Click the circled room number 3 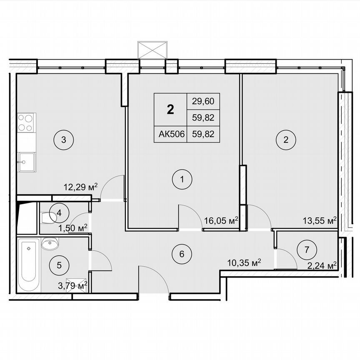63,139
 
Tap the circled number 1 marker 182,180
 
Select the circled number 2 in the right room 286,139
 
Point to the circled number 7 307,250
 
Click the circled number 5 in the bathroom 59,264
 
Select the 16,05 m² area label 221,220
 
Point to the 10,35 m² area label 245,262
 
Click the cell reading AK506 171,134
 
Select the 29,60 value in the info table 203,100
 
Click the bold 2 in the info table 170,109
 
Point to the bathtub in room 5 29,265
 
